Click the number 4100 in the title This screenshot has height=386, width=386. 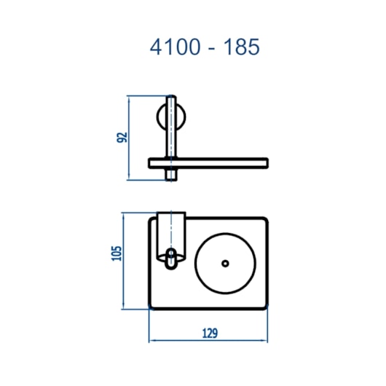click(x=175, y=47)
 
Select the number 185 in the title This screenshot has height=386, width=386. click(x=241, y=47)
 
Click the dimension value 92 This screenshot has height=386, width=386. click(x=122, y=138)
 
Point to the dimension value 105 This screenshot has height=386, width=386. click(x=117, y=253)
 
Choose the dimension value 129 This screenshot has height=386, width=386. click(x=210, y=334)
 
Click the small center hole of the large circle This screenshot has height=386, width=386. click(x=225, y=264)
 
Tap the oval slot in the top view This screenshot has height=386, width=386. click(x=170, y=259)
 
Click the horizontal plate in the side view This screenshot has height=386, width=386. click(x=208, y=163)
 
